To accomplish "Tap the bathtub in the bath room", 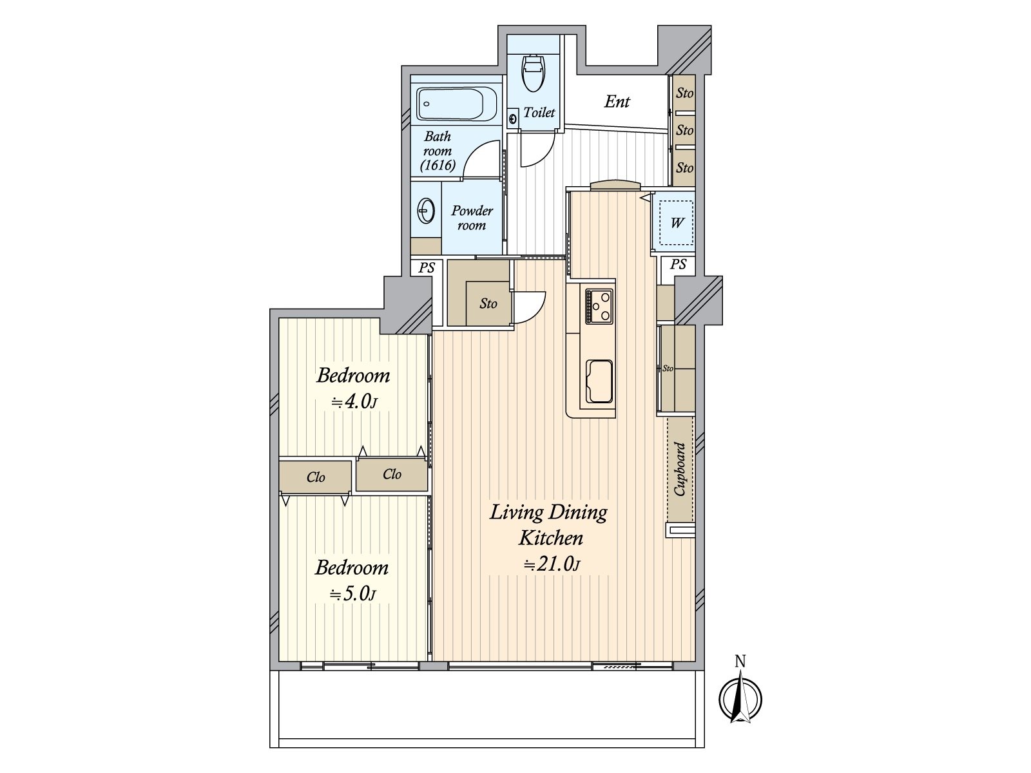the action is click(x=450, y=104).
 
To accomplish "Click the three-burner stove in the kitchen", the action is click(x=599, y=307).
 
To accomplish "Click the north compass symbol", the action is click(x=740, y=695).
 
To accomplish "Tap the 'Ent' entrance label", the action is click(x=617, y=101).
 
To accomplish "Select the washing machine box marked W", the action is click(x=676, y=222).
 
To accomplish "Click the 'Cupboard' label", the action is click(x=680, y=469).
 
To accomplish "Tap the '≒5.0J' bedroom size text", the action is click(x=352, y=594).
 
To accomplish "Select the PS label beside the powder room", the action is click(x=427, y=267).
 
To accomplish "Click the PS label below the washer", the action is click(x=678, y=264).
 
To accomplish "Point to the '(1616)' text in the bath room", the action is click(x=438, y=165).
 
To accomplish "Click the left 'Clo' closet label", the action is click(x=316, y=477).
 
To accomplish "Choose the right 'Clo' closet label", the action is click(x=392, y=474).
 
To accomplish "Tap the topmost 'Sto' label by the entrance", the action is click(x=684, y=93).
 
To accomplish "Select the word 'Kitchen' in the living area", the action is click(x=550, y=538).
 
